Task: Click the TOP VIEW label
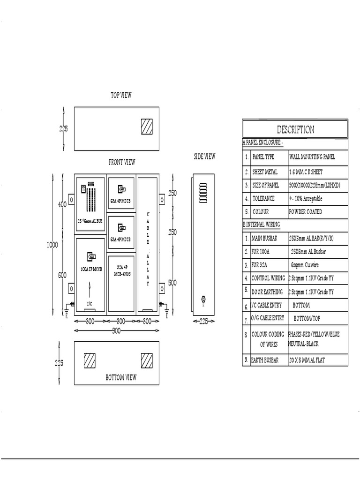pos(121,95)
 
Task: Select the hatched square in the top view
pos(147,126)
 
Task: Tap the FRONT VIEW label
pos(122,162)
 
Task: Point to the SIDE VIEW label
pos(204,157)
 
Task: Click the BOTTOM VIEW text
pos(121,377)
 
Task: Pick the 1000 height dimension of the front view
pos(52,244)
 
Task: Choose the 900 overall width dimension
pos(116,331)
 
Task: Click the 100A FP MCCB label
pos(91,270)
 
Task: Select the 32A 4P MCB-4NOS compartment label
pos(121,270)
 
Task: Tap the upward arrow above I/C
pos(90,290)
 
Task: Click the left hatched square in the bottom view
pos(90,360)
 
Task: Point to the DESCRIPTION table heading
pos(295,129)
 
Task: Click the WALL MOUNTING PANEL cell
pos(312,157)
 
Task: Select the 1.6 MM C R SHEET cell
pos(306,172)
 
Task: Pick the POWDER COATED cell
pos(306,212)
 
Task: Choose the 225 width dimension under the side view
pos(204,322)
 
